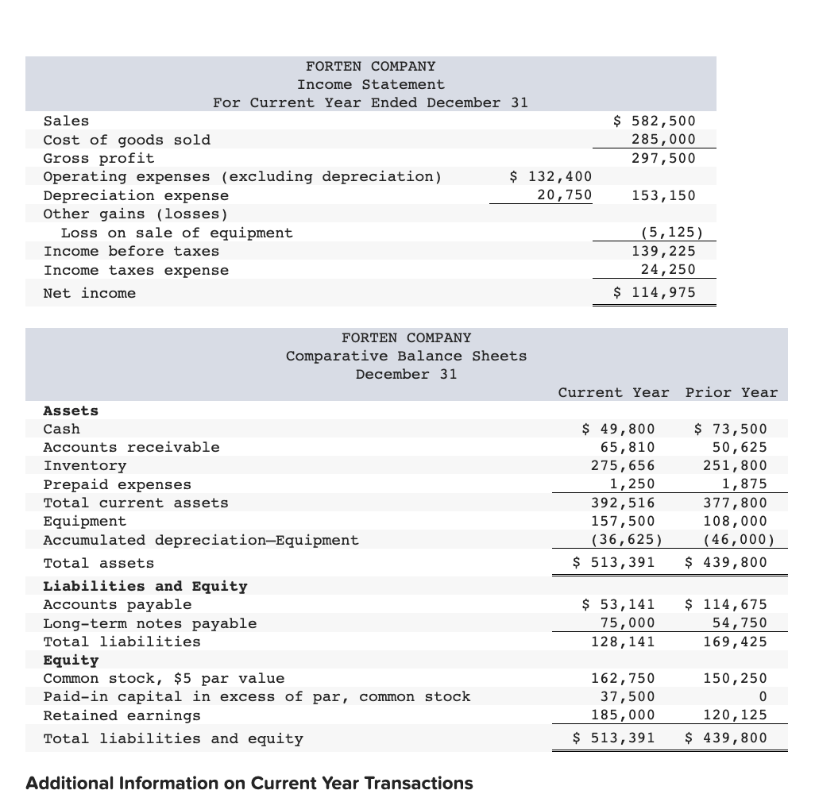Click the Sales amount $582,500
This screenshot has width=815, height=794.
click(x=655, y=121)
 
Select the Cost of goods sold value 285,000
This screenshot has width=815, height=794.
click(x=663, y=139)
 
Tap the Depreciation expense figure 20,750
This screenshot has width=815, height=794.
click(x=563, y=195)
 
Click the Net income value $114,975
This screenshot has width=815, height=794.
click(x=655, y=292)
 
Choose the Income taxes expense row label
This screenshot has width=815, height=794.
click(x=136, y=270)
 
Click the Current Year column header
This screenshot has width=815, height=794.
click(x=613, y=392)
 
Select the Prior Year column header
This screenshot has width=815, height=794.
click(x=732, y=392)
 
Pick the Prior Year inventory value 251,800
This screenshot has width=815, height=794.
click(x=736, y=465)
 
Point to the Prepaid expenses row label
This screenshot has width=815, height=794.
click(x=118, y=484)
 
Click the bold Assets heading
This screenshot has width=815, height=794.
click(x=71, y=410)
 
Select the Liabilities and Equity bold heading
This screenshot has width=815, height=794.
click(x=145, y=586)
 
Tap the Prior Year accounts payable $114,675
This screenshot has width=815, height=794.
click(x=726, y=604)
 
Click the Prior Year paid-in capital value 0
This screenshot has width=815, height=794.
click(x=762, y=696)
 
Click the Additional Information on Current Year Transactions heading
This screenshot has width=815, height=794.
click(x=249, y=783)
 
